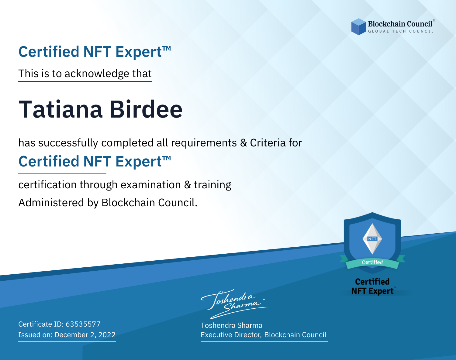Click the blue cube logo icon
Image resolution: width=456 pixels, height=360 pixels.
(358, 27)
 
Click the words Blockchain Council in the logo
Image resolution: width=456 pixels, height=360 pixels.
(400, 24)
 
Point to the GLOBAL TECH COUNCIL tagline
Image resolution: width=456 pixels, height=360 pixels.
(401, 31)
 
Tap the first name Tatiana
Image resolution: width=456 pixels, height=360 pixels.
(60, 109)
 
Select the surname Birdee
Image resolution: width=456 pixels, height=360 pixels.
(146, 109)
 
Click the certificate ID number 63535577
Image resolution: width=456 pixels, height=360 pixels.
(83, 324)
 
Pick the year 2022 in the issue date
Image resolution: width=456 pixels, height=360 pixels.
(107, 334)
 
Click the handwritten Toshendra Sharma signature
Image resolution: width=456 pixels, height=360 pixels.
(234, 304)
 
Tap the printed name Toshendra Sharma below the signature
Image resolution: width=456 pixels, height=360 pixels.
(231, 325)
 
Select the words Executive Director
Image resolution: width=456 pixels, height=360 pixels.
(231, 335)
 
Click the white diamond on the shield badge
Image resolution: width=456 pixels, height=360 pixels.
(372, 239)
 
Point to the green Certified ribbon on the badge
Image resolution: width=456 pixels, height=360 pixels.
(372, 262)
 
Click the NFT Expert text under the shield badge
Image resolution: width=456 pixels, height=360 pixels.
(372, 291)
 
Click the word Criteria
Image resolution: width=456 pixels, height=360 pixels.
(268, 143)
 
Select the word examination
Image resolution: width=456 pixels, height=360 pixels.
(150, 185)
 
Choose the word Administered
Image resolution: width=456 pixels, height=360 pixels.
(51, 202)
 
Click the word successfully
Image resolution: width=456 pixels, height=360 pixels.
(68, 143)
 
